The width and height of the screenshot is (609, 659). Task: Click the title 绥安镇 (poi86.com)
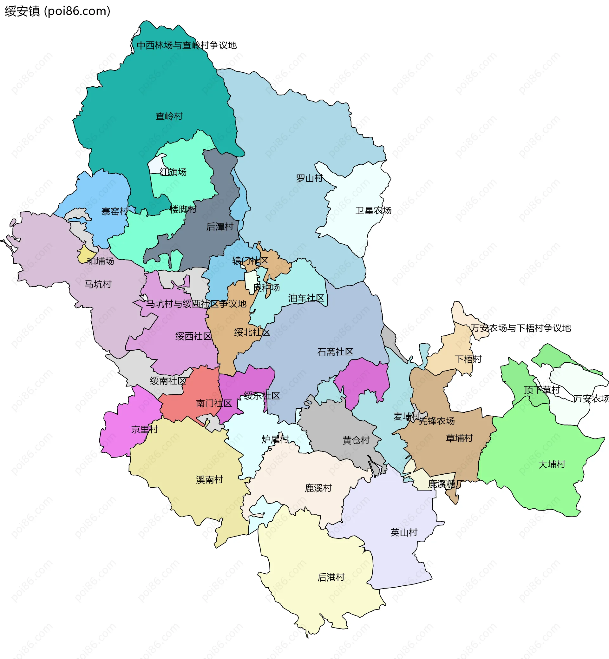pos(57,11)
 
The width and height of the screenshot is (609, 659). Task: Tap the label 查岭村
pos(169,116)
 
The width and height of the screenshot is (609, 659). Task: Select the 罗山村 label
pos(309,178)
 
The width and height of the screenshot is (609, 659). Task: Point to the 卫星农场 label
pos(373,211)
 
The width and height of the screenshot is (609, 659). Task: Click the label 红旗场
pos(173,172)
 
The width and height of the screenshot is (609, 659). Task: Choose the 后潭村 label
pos(219,227)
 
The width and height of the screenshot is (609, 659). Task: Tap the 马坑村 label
pos(98,284)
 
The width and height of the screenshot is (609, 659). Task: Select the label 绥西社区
pos(193,336)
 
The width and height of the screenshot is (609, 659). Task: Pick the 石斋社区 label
pos(335,352)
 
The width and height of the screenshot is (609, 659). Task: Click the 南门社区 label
pos(214,404)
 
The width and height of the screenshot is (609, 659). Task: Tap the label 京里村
pos(145,430)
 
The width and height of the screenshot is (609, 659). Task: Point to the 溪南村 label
pos(209,480)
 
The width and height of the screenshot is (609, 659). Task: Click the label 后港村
pos(331,577)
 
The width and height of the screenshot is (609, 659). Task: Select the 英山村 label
pos(404,532)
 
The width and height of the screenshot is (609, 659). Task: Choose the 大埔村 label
pos(552,465)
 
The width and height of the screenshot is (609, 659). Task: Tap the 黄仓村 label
pos(356,440)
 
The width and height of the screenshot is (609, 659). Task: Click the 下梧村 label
pos(468,359)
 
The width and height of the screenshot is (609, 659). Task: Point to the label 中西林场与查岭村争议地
pos(187,45)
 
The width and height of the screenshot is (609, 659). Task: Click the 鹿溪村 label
pos(318,488)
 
